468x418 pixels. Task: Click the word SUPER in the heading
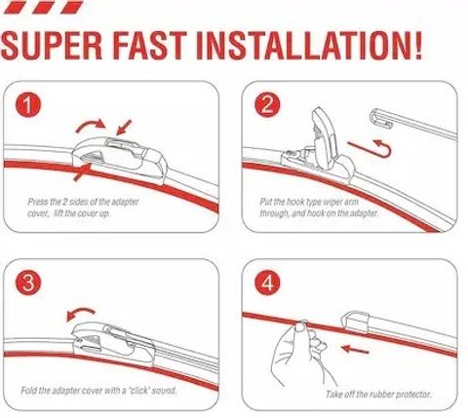coord(52,46)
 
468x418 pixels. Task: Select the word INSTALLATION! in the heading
coord(310,46)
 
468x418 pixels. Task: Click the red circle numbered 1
coord(28,105)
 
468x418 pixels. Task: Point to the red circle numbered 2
coord(267,105)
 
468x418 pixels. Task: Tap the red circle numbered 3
coord(28,283)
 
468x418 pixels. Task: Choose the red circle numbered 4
coord(267,283)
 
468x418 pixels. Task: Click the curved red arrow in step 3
coord(81,311)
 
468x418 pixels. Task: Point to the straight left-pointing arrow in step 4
coord(355,350)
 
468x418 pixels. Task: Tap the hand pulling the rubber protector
coord(300,353)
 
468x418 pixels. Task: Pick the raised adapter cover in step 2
coord(325,138)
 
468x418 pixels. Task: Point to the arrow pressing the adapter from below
coord(82,172)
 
